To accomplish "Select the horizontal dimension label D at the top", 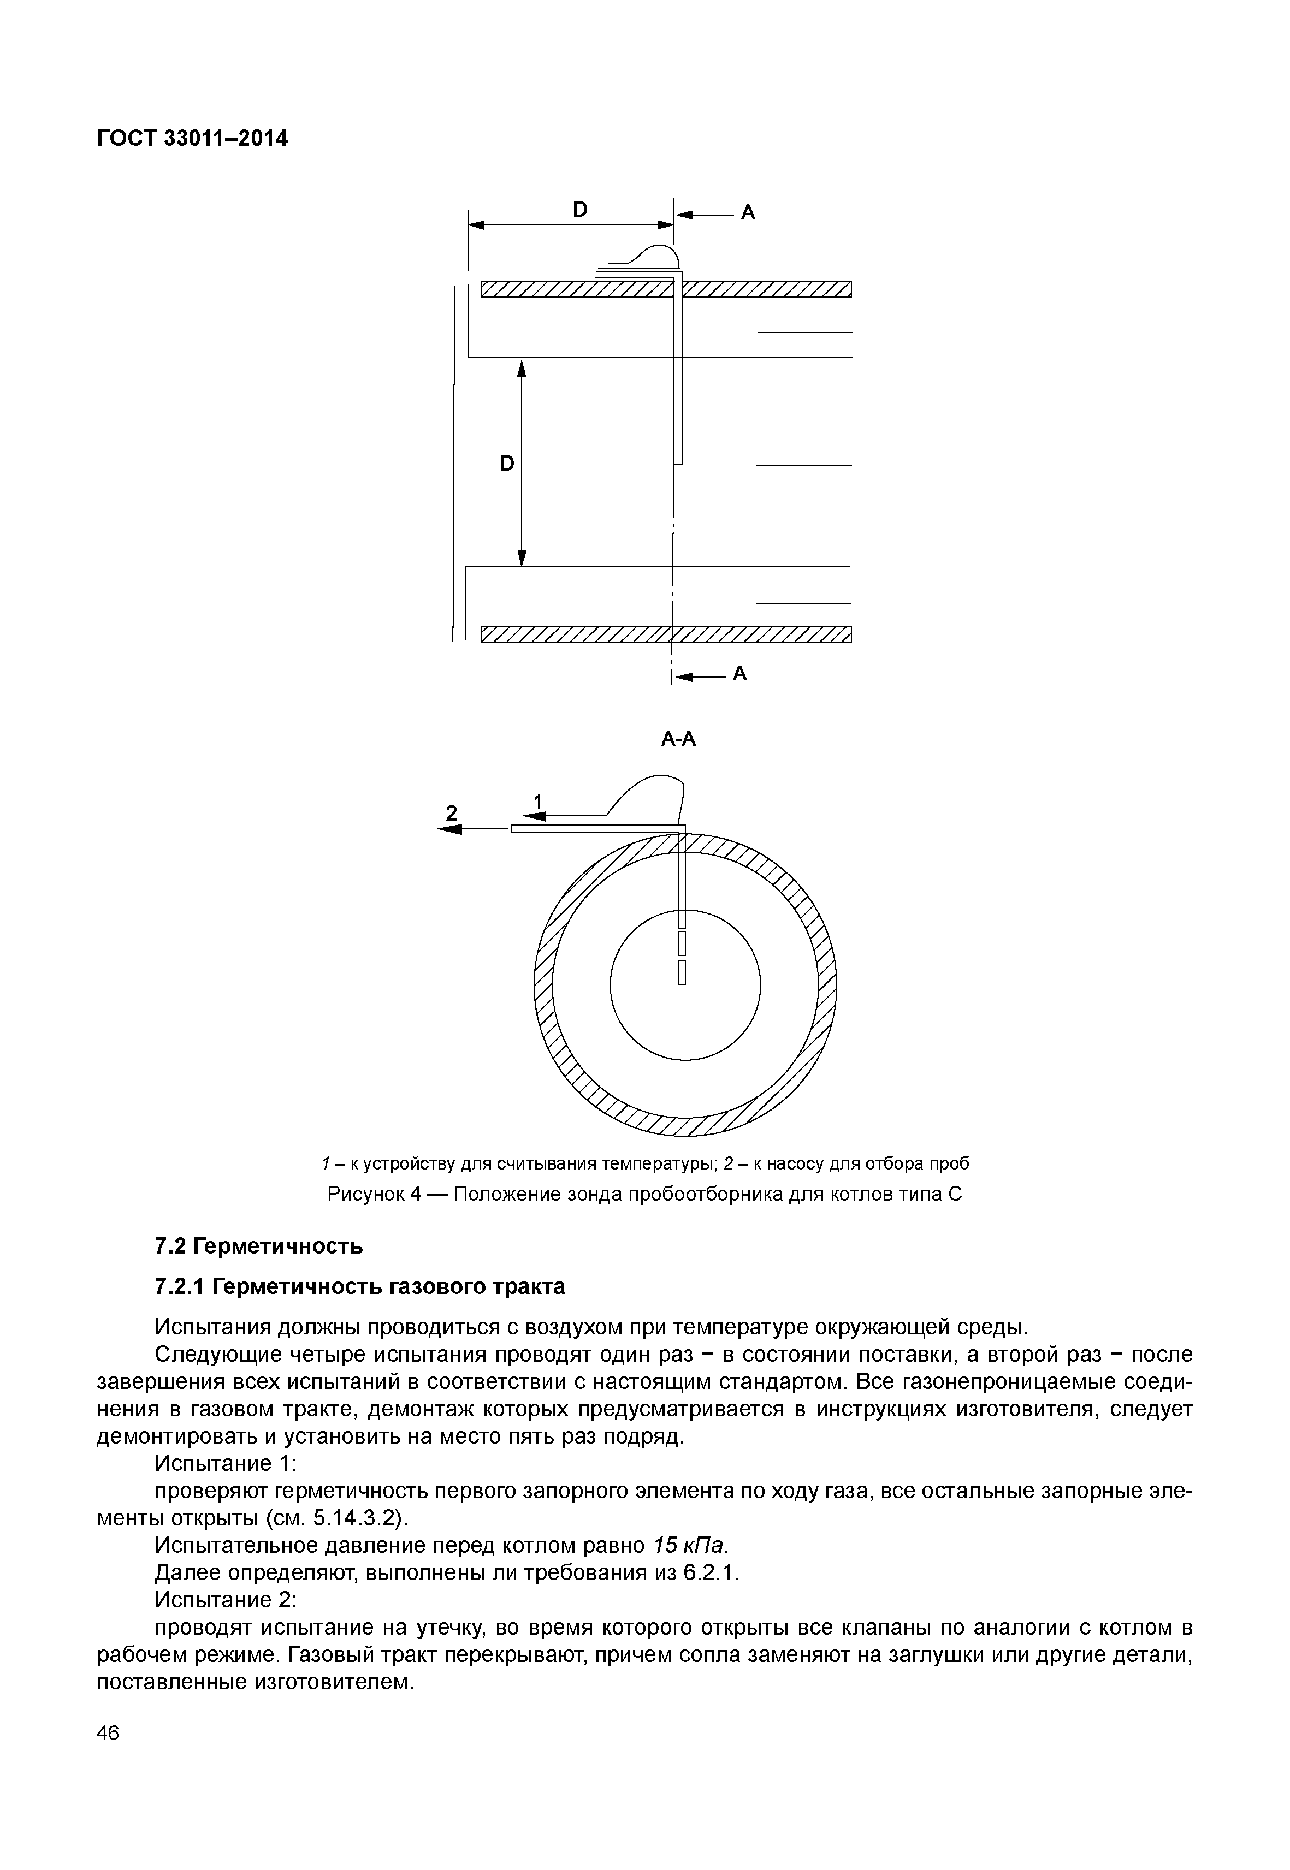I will tap(579, 209).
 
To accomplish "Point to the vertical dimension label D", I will tap(507, 464).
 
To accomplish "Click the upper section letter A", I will tap(748, 212).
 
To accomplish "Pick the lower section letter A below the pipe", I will tap(739, 673).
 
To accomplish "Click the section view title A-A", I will tap(678, 739).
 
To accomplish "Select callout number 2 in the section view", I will tap(452, 812).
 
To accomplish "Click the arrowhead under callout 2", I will tap(449, 829).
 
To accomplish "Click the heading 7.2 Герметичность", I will tap(259, 1246).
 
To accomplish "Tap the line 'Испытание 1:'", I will tap(226, 1463).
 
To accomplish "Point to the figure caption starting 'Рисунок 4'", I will tap(644, 1194).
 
